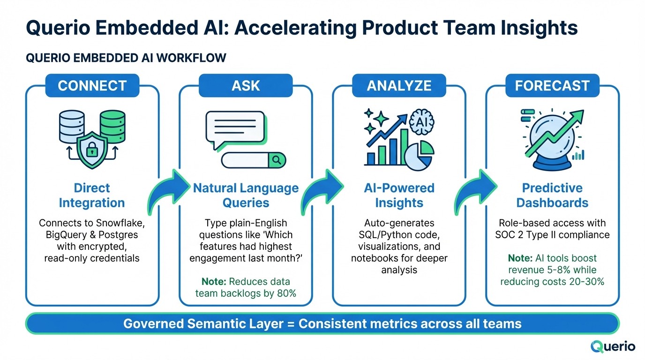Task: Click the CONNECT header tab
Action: tap(92, 86)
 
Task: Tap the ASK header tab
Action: tap(246, 86)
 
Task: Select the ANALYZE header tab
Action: tap(399, 86)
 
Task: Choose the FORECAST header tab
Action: tap(552, 86)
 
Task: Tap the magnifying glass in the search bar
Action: tap(277, 160)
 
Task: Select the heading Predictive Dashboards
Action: tap(552, 195)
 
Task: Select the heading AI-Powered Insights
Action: tap(399, 195)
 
